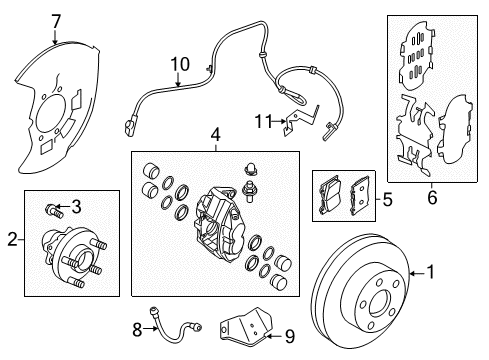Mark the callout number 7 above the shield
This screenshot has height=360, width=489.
point(56,20)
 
